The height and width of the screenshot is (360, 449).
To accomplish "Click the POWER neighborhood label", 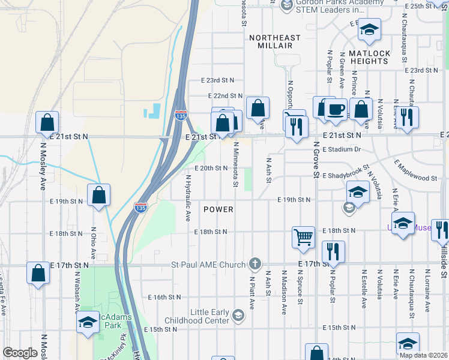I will [218, 209].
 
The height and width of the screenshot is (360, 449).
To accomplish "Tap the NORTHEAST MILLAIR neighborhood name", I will [275, 41].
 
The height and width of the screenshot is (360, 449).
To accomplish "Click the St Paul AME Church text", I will [208, 264].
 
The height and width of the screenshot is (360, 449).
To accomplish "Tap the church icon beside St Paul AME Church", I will [255, 264].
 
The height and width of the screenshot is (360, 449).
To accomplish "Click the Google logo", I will [20, 353].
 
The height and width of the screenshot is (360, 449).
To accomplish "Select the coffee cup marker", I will [336, 110].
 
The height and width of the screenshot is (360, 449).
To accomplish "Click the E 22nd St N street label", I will [225, 95].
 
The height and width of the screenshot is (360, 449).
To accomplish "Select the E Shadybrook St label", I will [346, 176].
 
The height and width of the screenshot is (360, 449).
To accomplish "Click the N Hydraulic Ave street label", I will [188, 197].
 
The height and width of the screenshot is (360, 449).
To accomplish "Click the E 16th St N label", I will [164, 297].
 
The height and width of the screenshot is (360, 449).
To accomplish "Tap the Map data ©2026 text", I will [422, 355].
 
